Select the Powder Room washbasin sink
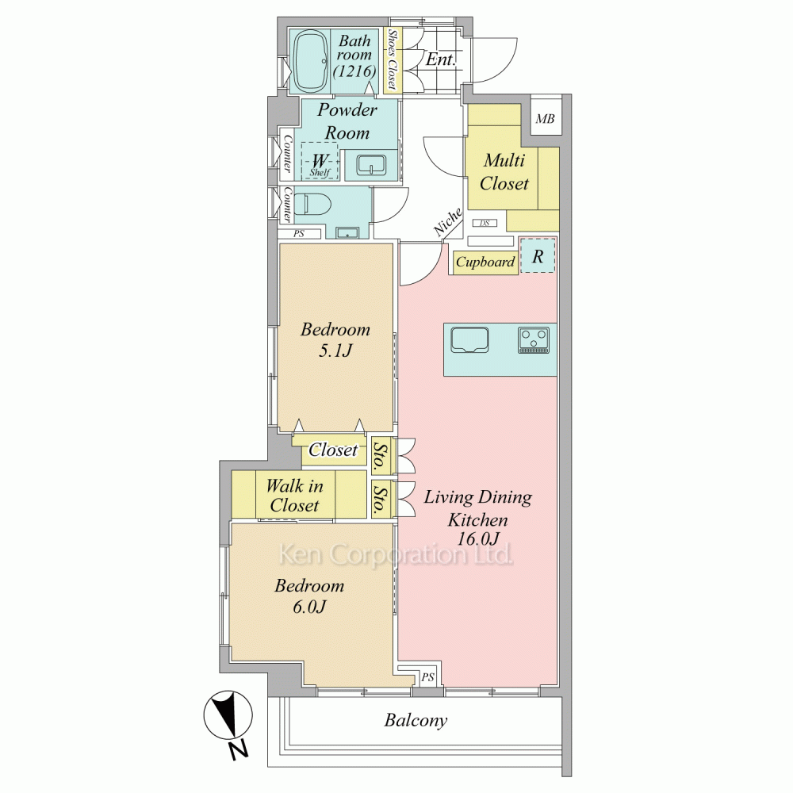click(371, 165)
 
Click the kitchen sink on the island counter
click(469, 339)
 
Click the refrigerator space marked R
click(538, 255)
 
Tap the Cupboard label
click(485, 262)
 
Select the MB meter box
click(546, 119)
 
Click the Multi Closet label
click(504, 172)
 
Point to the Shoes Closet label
click(392, 59)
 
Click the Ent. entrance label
click(440, 59)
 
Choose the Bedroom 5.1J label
click(335, 340)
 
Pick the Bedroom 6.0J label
click(309, 596)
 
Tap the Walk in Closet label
click(294, 496)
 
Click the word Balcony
click(416, 720)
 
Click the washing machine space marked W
click(320, 161)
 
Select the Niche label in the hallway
click(448, 221)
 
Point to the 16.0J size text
click(478, 538)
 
